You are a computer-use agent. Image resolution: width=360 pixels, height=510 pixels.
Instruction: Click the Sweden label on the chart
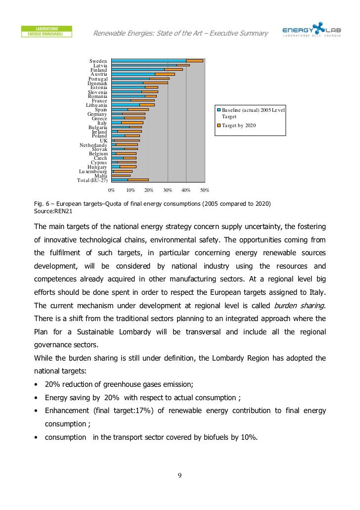(98, 61)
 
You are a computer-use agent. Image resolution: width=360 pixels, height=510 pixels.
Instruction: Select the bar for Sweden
(157, 60)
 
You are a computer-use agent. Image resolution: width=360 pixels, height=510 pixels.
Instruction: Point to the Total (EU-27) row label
(92, 180)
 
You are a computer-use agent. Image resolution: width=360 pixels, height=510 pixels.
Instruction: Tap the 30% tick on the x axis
(168, 190)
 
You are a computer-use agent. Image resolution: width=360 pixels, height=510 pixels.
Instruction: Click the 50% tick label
(205, 190)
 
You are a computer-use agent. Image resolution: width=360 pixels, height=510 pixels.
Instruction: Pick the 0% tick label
(112, 190)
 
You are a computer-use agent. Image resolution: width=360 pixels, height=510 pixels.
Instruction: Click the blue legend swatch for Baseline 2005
(219, 110)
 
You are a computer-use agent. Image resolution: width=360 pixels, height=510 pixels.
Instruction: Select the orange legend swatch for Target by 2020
(219, 126)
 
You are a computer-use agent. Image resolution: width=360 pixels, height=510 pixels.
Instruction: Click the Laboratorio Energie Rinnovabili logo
(47, 31)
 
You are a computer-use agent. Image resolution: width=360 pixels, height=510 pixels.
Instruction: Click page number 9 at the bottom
(180, 476)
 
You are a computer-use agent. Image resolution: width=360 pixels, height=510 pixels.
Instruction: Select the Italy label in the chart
(102, 123)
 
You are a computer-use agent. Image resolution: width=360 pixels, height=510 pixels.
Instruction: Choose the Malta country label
(101, 176)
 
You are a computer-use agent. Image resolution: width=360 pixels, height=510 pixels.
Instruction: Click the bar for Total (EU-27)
(130, 180)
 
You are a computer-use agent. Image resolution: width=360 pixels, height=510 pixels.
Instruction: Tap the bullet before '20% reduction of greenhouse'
(36, 384)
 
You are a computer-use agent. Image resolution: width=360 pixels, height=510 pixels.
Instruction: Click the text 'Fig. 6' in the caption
(41, 203)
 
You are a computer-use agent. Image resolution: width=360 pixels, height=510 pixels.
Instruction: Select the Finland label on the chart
(98, 70)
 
